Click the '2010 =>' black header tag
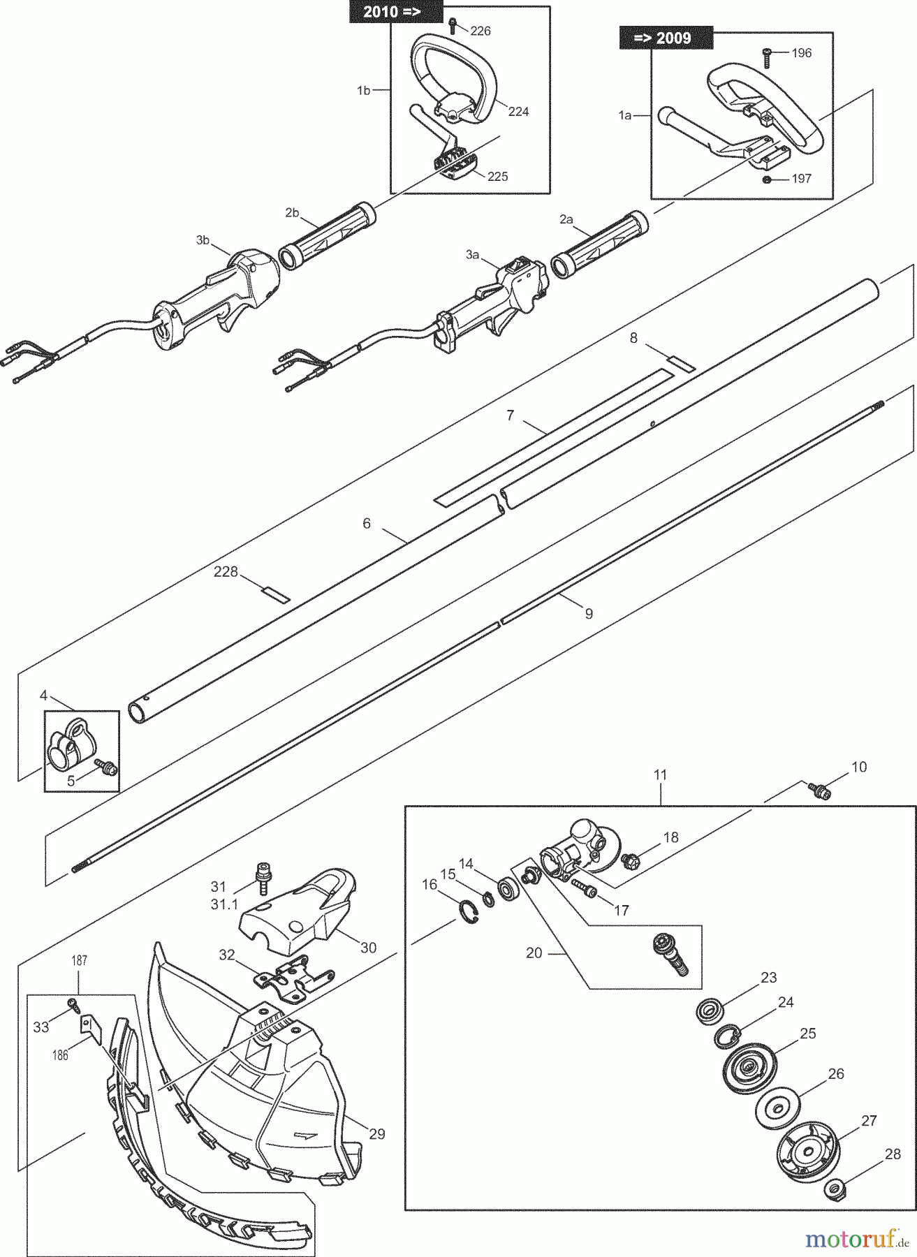coord(396,12)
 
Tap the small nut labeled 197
coord(767,179)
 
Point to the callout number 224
coord(518,111)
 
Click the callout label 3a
coord(473,255)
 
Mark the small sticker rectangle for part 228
coord(274,593)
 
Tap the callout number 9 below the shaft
coord(589,613)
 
